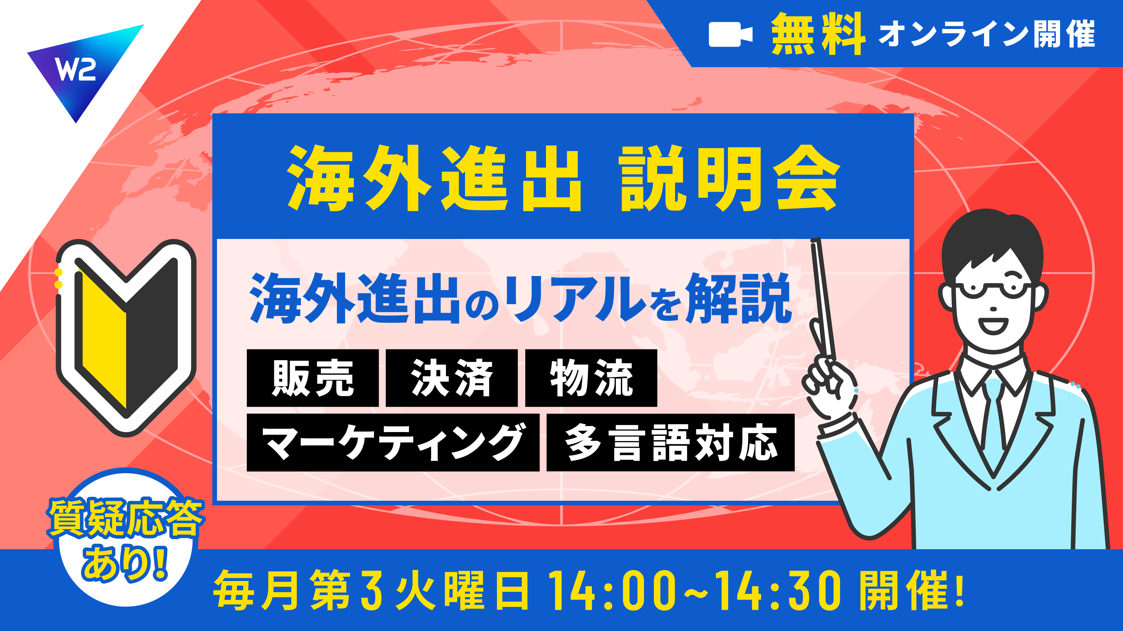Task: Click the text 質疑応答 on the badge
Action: (125, 518)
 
